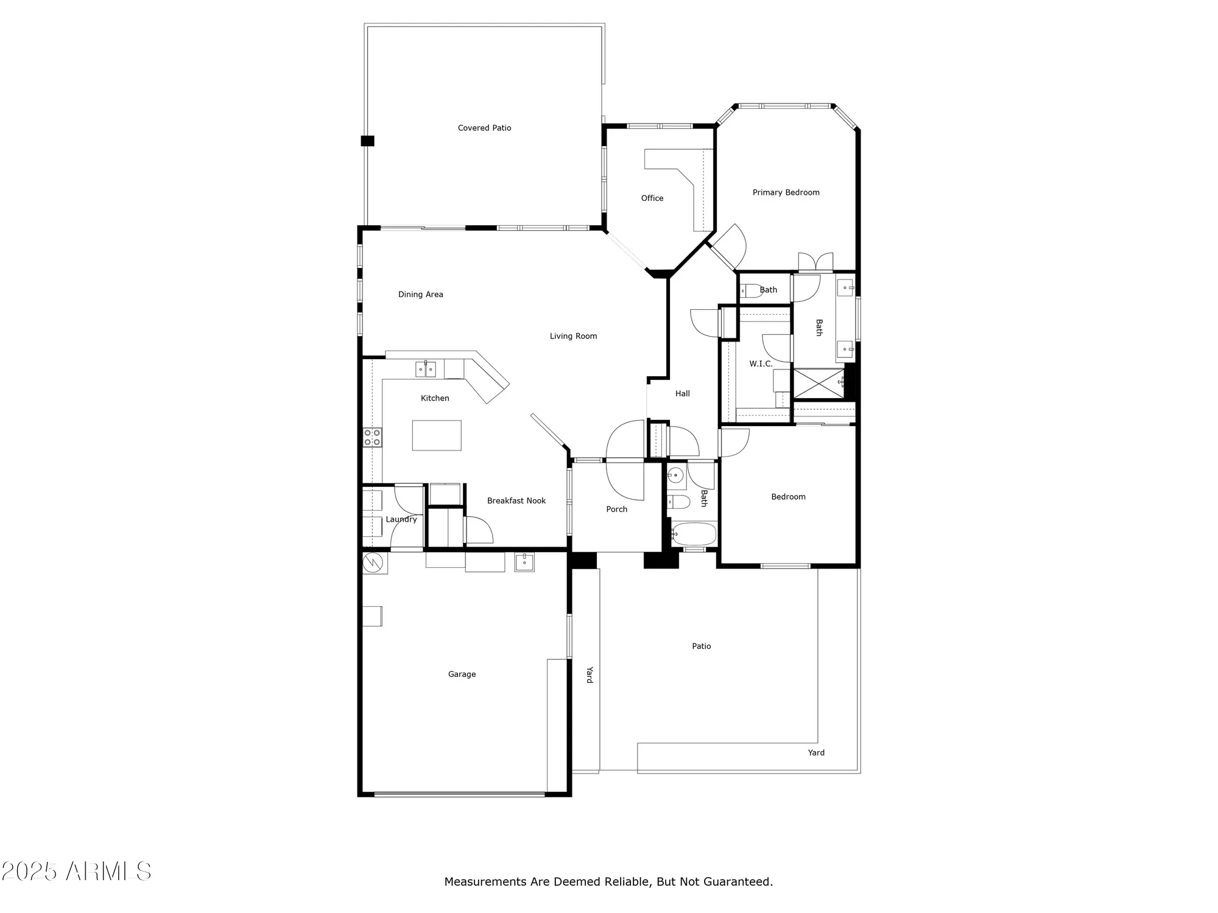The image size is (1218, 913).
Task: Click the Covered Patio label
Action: click(x=484, y=128)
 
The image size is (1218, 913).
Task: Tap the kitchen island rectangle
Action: click(x=437, y=435)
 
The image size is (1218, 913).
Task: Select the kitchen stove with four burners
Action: click(x=372, y=437)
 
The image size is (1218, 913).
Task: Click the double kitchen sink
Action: click(x=426, y=369)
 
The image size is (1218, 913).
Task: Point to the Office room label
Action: click(x=652, y=198)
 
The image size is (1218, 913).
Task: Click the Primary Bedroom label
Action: click(x=786, y=192)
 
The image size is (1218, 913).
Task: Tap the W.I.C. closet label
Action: click(x=760, y=363)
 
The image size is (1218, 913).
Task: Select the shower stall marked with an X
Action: click(x=818, y=383)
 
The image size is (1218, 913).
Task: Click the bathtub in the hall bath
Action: click(x=693, y=534)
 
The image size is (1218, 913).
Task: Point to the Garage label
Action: click(x=462, y=674)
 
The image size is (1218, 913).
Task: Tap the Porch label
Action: click(x=616, y=509)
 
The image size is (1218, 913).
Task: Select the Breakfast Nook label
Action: click(x=516, y=500)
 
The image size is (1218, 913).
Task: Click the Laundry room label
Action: click(x=401, y=519)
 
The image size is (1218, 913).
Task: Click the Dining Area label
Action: click(x=420, y=294)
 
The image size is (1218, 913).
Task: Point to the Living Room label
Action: click(x=573, y=336)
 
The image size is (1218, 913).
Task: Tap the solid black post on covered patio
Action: click(x=367, y=141)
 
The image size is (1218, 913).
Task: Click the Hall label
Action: click(x=682, y=393)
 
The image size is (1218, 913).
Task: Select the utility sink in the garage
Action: click(x=524, y=562)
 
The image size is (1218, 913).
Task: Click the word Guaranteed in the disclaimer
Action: click(x=737, y=881)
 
